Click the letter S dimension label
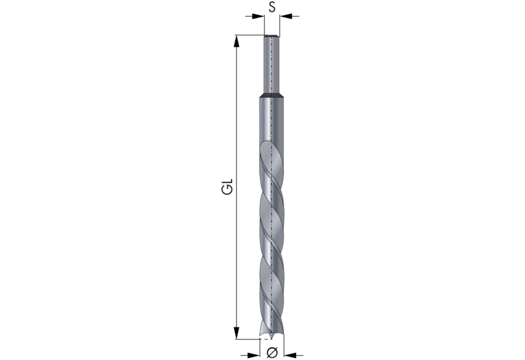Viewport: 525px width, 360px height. (x=272, y=7)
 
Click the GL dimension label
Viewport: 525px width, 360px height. (x=227, y=187)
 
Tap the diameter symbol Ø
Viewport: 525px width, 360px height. (x=272, y=353)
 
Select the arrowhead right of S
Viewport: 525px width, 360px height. (x=285, y=16)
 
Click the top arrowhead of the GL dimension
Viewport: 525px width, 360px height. (x=236, y=41)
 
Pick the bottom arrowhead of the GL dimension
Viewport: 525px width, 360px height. (x=236, y=333)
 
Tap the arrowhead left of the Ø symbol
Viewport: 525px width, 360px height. (x=254, y=355)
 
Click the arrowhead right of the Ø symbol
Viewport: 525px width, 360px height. (x=290, y=355)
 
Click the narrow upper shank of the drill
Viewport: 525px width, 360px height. (x=272, y=65)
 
